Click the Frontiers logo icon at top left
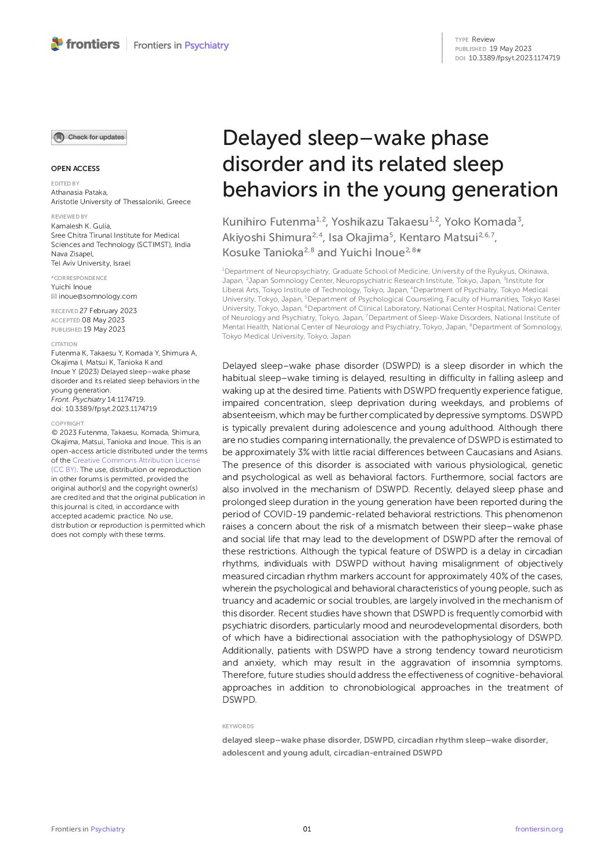(x=57, y=44)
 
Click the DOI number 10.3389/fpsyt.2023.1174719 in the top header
(x=514, y=58)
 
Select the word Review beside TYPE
(x=483, y=39)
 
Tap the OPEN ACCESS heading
(x=75, y=169)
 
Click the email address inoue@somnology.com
(x=97, y=296)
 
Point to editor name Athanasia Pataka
(x=80, y=193)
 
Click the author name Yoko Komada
(x=481, y=222)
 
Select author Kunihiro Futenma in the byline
(x=269, y=222)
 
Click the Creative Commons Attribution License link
(x=136, y=460)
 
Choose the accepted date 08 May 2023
(x=103, y=320)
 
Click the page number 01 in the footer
(x=307, y=829)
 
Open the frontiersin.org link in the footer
(x=539, y=829)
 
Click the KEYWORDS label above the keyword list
(x=238, y=726)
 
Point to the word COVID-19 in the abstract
(x=285, y=514)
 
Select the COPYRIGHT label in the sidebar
(x=67, y=423)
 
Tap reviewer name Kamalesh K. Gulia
(x=81, y=226)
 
